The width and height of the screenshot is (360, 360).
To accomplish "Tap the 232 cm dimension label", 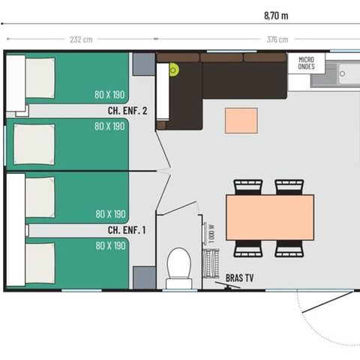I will tap(82, 40).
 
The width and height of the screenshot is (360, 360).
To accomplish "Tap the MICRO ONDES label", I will tap(306, 62).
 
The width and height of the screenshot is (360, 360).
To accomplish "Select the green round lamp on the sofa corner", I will tap(174, 70).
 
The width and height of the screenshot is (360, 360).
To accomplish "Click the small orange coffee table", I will tap(241, 120).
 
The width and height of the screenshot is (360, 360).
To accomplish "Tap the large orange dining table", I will tap(270, 217).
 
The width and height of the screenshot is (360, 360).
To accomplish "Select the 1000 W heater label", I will tap(211, 232).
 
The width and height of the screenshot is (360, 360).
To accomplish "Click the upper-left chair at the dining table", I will tap(248, 186).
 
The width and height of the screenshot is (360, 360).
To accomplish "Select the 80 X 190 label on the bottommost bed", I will tap(111, 245).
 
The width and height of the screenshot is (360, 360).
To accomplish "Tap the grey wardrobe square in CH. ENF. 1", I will tap(143, 277).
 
